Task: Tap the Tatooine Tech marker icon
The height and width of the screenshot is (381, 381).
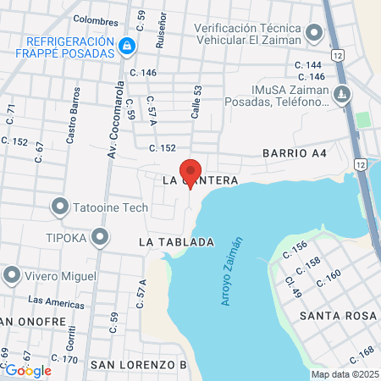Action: (x=60, y=207)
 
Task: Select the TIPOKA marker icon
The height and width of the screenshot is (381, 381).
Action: (x=101, y=237)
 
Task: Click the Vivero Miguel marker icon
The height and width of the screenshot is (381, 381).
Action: (x=12, y=275)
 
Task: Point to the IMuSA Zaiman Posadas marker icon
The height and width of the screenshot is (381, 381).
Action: (x=343, y=94)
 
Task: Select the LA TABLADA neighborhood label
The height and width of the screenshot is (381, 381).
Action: (x=176, y=242)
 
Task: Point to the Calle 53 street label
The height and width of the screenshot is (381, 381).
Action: (x=196, y=102)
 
